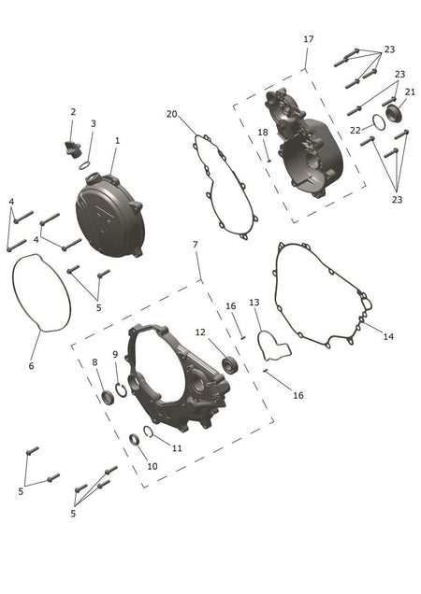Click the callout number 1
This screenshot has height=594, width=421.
(x=117, y=140)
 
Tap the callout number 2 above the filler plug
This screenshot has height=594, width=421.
(x=73, y=112)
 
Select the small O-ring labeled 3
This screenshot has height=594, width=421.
(x=85, y=165)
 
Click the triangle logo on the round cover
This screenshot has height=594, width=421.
(x=103, y=219)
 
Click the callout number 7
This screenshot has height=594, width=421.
(x=196, y=245)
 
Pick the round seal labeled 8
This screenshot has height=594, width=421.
(x=108, y=397)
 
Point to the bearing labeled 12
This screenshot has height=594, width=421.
(x=229, y=365)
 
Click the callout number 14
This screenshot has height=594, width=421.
(x=388, y=336)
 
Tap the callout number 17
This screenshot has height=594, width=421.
(x=309, y=39)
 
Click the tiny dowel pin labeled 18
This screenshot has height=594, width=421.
(x=269, y=161)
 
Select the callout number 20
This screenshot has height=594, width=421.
(x=171, y=114)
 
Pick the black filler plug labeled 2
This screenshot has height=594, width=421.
(x=73, y=148)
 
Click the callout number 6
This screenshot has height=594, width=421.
(x=31, y=365)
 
